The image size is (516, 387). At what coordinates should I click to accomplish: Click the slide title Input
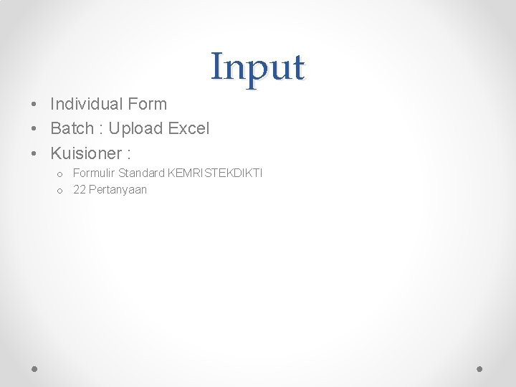coord(258,67)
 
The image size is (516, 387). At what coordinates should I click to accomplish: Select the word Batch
coord(72,128)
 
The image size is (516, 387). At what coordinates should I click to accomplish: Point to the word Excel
coord(188,128)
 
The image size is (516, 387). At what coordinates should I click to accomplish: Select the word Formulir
coord(94,173)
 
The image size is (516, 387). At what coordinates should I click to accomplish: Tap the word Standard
coord(141,173)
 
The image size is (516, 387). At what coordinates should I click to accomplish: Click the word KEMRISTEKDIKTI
coord(215,173)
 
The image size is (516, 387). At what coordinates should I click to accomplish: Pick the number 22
coord(80,190)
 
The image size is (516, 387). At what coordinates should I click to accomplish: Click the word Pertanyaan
coord(118,190)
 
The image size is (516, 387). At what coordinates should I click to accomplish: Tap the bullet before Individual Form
coord(35,105)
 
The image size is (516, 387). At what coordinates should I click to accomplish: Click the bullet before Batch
coord(35,129)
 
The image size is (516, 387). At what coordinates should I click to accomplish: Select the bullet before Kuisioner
coord(35,153)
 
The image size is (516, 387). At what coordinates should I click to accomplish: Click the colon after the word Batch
coord(101,129)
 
